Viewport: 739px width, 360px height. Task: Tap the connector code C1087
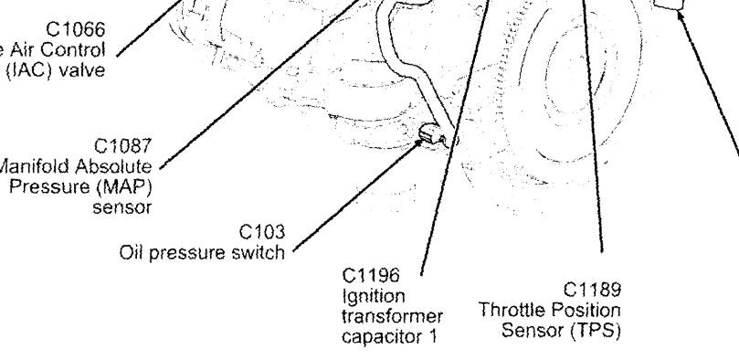(x=127, y=143)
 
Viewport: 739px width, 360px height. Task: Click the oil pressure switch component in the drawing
(x=428, y=138)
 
